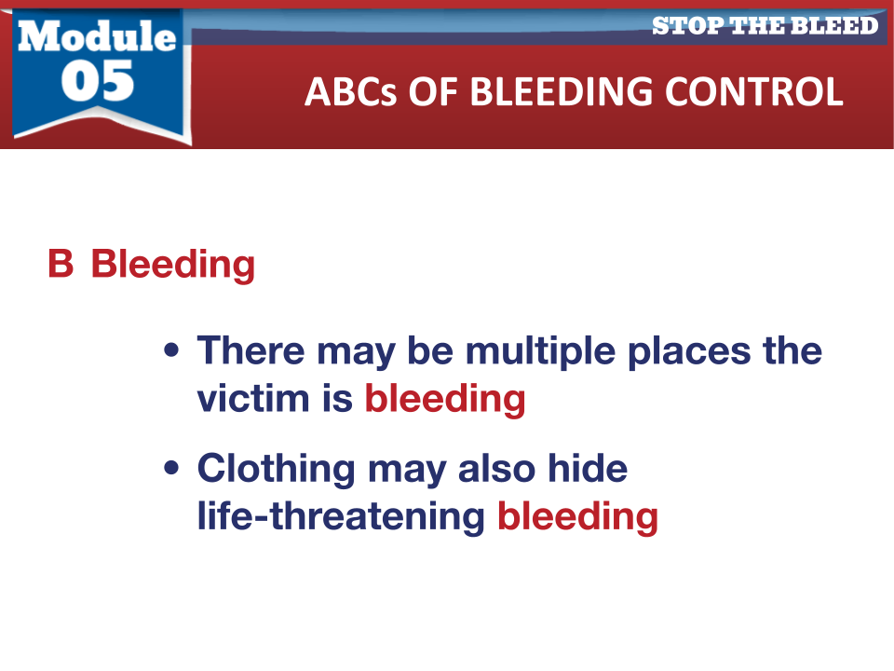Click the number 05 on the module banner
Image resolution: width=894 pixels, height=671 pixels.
[x=98, y=81]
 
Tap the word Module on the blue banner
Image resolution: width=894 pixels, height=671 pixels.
[x=97, y=36]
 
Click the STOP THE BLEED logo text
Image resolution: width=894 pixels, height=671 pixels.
[x=765, y=26]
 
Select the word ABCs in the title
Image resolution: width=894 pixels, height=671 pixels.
[x=350, y=91]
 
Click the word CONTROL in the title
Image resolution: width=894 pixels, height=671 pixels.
[x=753, y=91]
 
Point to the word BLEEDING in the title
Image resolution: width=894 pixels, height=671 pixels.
[x=561, y=91]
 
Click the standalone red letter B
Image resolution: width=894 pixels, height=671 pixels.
[x=61, y=264]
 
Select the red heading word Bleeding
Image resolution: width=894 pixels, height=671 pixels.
[x=173, y=266]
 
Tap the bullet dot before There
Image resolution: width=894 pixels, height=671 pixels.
[x=171, y=349]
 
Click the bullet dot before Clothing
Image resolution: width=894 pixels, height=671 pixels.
[x=171, y=468]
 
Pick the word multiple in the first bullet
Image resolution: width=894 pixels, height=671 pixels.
[x=540, y=351]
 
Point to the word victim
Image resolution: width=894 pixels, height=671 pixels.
[x=253, y=398]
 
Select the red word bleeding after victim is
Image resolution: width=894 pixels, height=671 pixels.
[x=445, y=401]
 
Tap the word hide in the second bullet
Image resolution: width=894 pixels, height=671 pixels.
[x=588, y=469]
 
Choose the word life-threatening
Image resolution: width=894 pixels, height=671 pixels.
[x=341, y=517]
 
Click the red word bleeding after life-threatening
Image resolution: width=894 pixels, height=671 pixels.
[x=577, y=518]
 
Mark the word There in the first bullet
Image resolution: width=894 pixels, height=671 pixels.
[x=251, y=349]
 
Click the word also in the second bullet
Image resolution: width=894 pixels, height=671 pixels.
[x=496, y=469]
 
